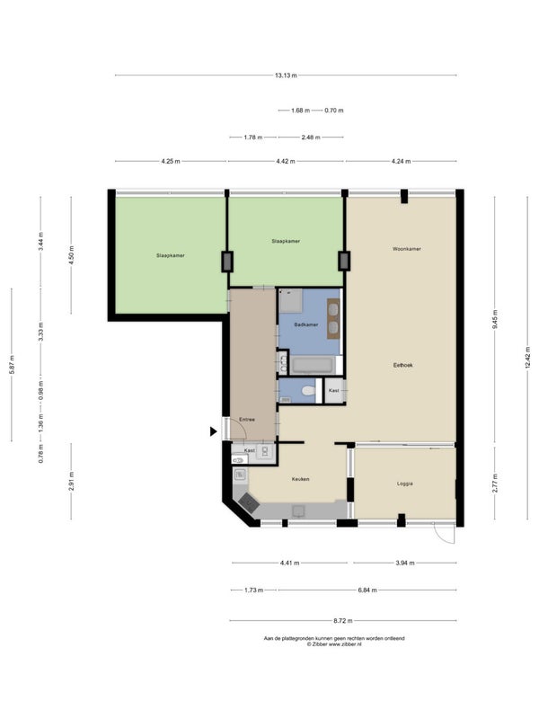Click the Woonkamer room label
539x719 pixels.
coord(407,249)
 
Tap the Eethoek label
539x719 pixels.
coord(402,365)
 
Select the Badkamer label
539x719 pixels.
coord(306,324)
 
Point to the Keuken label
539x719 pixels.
coord(301,479)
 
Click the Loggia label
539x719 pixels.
coord(405,484)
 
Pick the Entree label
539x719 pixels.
coord(247,420)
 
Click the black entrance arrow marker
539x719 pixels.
coord(213,431)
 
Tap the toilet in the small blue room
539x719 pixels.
coord(308,391)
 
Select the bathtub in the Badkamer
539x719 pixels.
coord(312,366)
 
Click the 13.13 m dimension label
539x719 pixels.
coord(286,75)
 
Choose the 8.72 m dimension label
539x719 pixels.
coord(343,621)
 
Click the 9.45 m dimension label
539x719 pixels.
coord(495,320)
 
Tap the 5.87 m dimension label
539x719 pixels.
coord(12,365)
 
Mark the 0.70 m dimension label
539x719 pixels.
coord(334,111)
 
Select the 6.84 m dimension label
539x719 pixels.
coord(367,590)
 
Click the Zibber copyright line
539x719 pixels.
coord(334,644)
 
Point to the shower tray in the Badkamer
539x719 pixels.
coord(290,301)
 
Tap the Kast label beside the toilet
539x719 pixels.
coord(334,391)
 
